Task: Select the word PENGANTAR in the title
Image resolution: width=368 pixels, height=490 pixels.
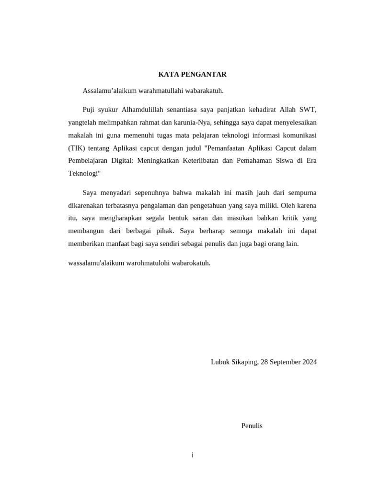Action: [203, 74]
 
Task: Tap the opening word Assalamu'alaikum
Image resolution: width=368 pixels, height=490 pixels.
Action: [108, 90]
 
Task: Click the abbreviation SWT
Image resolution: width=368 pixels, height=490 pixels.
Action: [308, 110]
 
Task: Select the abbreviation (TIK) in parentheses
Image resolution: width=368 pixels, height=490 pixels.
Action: [77, 148]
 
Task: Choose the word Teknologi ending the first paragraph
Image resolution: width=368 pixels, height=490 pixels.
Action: [84, 173]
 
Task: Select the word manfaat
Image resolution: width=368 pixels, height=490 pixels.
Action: [120, 244]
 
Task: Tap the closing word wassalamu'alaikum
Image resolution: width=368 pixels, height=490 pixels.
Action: [96, 263]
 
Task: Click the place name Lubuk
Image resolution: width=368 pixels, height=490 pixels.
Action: [220, 362]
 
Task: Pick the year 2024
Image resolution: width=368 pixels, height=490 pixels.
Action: [310, 362]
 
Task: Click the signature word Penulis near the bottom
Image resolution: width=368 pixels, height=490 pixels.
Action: [252, 425]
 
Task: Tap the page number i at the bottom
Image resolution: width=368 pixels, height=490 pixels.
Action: [192, 455]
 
